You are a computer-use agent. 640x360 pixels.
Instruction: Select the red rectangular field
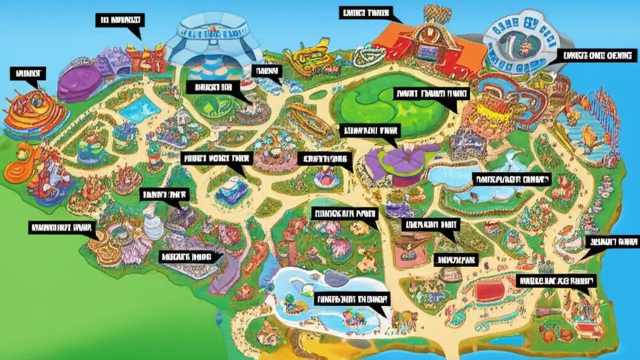click(x=490, y=290)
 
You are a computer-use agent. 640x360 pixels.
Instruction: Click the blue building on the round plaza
click(x=231, y=189)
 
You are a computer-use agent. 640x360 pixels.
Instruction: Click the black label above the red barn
click(x=365, y=13)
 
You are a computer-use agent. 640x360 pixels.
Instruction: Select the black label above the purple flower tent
click(x=370, y=131)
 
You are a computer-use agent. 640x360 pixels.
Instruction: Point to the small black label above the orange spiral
click(x=27, y=74)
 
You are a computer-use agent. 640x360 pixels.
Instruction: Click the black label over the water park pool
click(x=351, y=299)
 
